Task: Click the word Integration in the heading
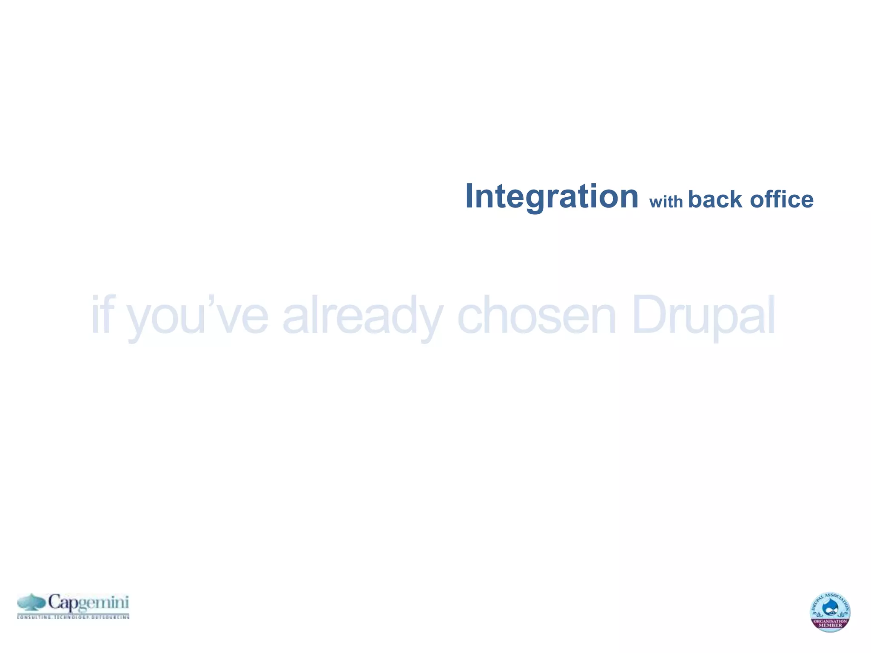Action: [552, 196]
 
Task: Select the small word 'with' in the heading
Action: [666, 201]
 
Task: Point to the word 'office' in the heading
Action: [781, 199]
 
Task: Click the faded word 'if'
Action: [102, 315]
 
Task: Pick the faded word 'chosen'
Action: [536, 315]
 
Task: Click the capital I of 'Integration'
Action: [470, 196]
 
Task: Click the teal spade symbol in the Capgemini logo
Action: [31, 602]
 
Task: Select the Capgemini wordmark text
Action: [88, 602]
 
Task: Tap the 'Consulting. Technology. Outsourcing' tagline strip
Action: [73, 616]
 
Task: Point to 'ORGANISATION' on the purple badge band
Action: [830, 622]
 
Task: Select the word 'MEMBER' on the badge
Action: [830, 625]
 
